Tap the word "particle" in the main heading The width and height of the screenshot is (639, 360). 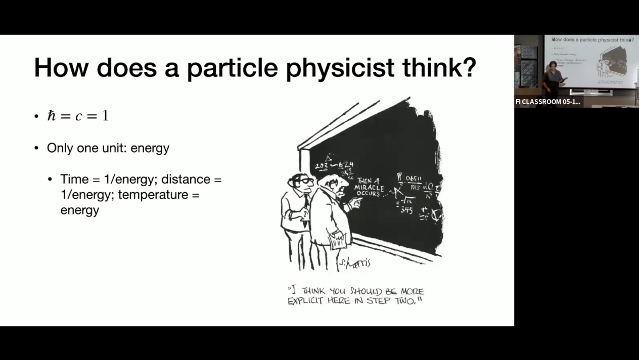234,68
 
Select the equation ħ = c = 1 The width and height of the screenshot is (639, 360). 78,116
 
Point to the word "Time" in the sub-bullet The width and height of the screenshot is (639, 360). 74,179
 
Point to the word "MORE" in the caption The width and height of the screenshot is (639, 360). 412,291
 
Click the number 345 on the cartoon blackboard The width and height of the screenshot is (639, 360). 406,209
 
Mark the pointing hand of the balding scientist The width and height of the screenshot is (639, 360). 356,203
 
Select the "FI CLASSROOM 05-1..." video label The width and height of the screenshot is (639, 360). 547,102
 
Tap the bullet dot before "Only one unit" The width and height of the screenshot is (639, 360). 36,149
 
